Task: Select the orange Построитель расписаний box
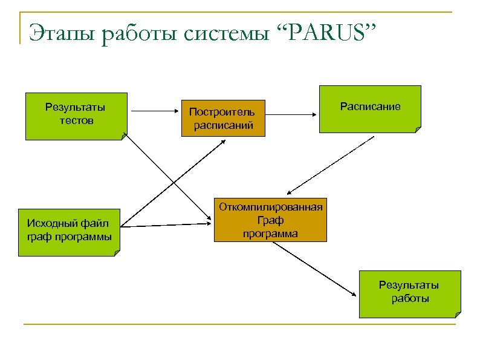(x=222, y=118)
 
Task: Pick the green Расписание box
(x=370, y=108)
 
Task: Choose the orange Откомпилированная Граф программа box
(x=270, y=220)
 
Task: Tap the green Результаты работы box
(x=409, y=293)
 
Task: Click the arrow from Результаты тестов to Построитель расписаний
(x=154, y=112)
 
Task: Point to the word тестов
(x=76, y=120)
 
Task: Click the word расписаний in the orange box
(x=223, y=125)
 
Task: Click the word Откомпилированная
(x=270, y=207)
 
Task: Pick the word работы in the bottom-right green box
(x=409, y=298)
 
